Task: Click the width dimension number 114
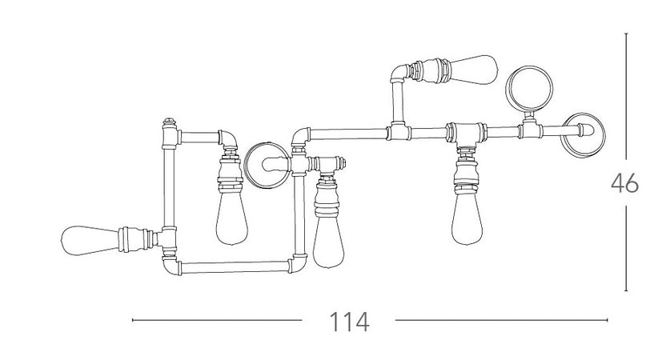tap(349, 322)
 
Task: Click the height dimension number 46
tap(624, 183)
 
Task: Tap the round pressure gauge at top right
tap(529, 88)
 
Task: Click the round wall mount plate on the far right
tap(583, 134)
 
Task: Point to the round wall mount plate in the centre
tap(266, 166)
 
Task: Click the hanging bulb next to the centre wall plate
tap(328, 242)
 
